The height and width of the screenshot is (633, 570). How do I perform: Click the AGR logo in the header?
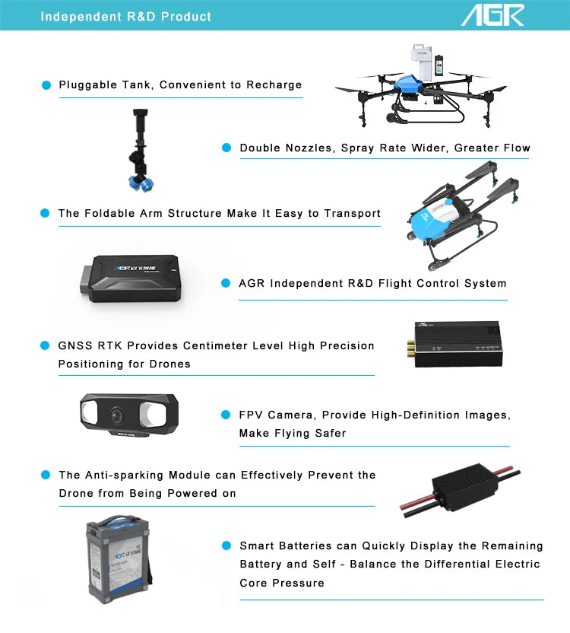492,15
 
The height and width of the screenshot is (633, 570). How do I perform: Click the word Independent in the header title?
81,17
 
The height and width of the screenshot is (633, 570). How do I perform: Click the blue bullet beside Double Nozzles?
226,148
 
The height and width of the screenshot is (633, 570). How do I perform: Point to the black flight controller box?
131,278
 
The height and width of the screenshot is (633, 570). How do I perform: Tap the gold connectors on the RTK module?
410,350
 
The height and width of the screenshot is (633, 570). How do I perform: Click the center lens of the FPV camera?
117,415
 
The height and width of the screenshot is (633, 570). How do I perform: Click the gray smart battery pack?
118,559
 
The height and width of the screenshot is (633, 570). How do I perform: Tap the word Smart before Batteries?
257,546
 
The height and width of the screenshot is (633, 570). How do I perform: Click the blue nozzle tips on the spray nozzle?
141,184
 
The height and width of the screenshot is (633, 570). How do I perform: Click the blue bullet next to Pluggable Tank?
46,85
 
